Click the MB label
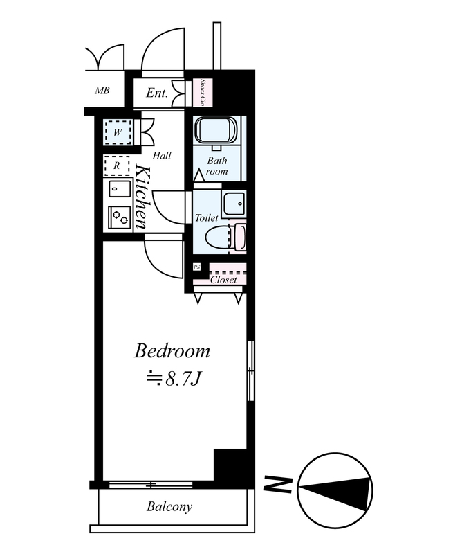tap(102, 91)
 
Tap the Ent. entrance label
tap(156, 93)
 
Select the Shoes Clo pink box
tap(203, 93)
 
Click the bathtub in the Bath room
tap(215, 130)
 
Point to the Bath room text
tap(216, 166)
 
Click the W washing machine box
tap(118, 132)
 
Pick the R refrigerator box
tap(117, 166)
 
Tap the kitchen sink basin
tap(117, 189)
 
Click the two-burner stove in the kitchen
tap(119, 217)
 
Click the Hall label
tap(162, 155)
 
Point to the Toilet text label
tap(207, 217)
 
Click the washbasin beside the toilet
tap(233, 204)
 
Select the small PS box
tap(196, 267)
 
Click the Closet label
tap(223, 280)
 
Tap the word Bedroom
tap(172, 351)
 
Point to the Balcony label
tap(169, 507)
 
